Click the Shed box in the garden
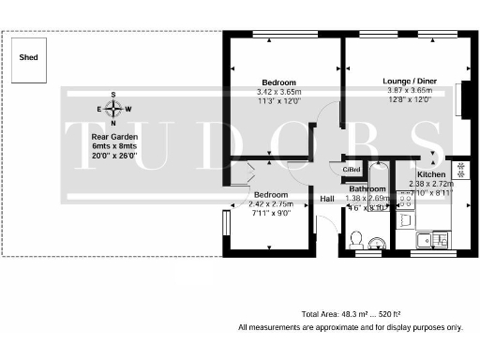pos(29,58)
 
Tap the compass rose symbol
pos(113,109)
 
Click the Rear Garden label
pos(112,137)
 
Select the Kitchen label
pos(431,175)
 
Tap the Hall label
pos(327,200)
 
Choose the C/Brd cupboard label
pos(351,169)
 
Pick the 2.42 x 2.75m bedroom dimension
pos(272,204)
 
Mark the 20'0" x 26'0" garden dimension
pos(112,156)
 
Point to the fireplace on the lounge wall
pos(459,99)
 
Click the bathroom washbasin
pos(375,244)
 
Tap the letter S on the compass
pos(113,95)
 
